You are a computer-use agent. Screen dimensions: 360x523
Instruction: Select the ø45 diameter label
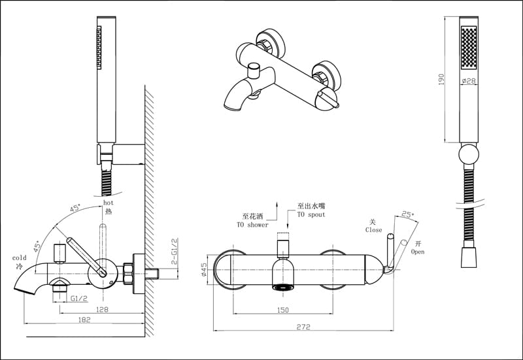click(204, 269)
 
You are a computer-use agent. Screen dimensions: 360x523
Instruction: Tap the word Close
click(374, 230)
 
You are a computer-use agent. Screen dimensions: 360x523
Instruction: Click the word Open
click(418, 252)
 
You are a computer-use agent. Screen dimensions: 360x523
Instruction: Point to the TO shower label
click(252, 225)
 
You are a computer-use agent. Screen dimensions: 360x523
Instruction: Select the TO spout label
click(311, 214)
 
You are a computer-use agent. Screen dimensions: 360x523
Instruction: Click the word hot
click(109, 203)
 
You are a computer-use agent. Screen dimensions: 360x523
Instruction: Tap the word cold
click(19, 258)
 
